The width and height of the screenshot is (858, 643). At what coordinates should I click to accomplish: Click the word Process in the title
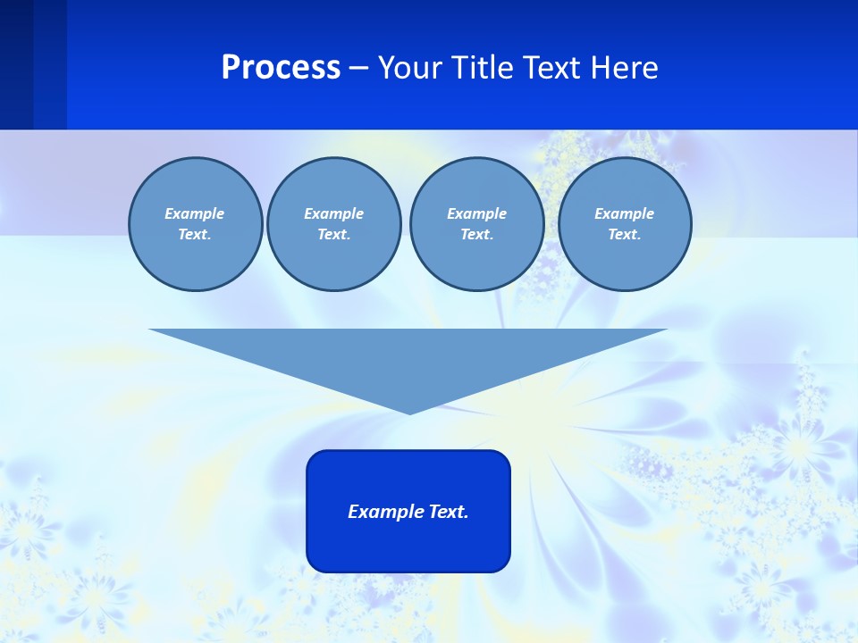(x=281, y=68)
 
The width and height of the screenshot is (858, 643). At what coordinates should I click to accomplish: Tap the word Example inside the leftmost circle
(x=195, y=213)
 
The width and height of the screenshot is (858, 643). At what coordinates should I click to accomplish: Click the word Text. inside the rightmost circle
(x=624, y=235)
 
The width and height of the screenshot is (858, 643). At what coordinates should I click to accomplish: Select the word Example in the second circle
(x=333, y=213)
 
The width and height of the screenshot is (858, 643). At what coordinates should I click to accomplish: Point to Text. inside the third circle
(x=476, y=235)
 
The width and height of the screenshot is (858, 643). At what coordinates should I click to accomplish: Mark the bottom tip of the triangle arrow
(x=409, y=412)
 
